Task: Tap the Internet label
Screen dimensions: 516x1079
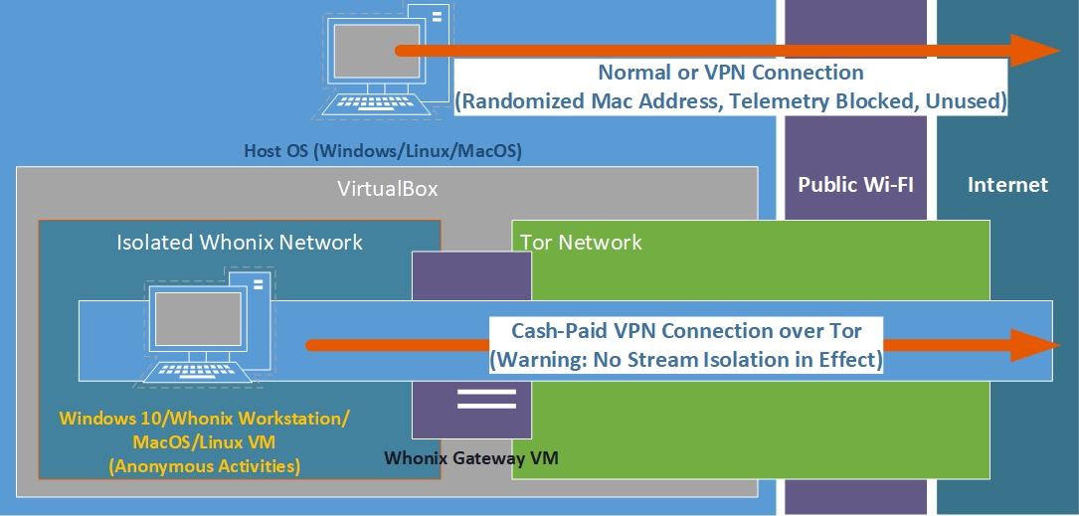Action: coord(1007,184)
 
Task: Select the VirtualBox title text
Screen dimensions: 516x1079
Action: coord(387,189)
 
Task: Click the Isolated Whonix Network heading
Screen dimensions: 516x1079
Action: coord(240,242)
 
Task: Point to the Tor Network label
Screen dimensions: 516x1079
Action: coord(582,242)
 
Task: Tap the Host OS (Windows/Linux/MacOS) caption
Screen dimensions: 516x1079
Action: coord(383,152)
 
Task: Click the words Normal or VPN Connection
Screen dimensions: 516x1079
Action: coord(731,73)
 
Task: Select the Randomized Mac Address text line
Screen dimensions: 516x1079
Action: coord(731,100)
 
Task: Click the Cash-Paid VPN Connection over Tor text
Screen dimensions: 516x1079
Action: coord(686,330)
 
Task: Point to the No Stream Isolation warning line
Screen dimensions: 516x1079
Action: coord(686,359)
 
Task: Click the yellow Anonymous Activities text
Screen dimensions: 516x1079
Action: coord(204,463)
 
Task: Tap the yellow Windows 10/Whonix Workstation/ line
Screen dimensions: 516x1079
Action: coord(204,418)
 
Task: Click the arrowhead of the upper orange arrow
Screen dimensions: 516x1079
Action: coord(1034,50)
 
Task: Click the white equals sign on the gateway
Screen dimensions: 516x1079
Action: coord(486,399)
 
